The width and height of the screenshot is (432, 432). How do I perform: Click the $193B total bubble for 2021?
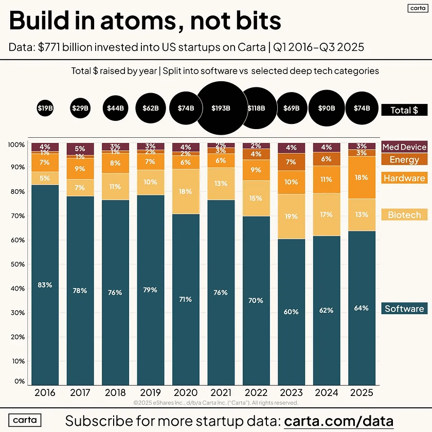[x=221, y=108]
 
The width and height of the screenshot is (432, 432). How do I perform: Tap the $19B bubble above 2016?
[x=45, y=108]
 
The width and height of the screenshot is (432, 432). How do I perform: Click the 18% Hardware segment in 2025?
[x=362, y=177]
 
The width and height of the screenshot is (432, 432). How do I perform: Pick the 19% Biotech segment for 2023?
[x=292, y=217]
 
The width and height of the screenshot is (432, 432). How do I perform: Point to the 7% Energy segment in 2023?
[x=292, y=162]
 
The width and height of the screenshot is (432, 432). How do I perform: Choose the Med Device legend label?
[x=404, y=147]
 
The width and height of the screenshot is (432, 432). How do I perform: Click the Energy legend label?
[x=404, y=159]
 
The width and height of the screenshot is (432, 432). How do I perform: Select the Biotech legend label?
[x=404, y=215]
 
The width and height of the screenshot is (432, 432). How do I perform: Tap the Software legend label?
[x=404, y=309]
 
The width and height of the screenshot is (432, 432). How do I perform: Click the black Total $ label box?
[x=404, y=110]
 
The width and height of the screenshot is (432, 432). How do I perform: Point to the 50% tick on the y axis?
[x=18, y=264]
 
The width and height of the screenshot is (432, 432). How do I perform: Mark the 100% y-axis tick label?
[x=17, y=145]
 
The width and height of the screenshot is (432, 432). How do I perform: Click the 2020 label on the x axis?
[x=186, y=392]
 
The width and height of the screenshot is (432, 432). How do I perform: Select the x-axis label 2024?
[x=327, y=392]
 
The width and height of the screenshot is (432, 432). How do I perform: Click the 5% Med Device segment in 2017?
[x=80, y=149]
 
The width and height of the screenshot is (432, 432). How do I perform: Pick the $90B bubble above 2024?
[x=327, y=108]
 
